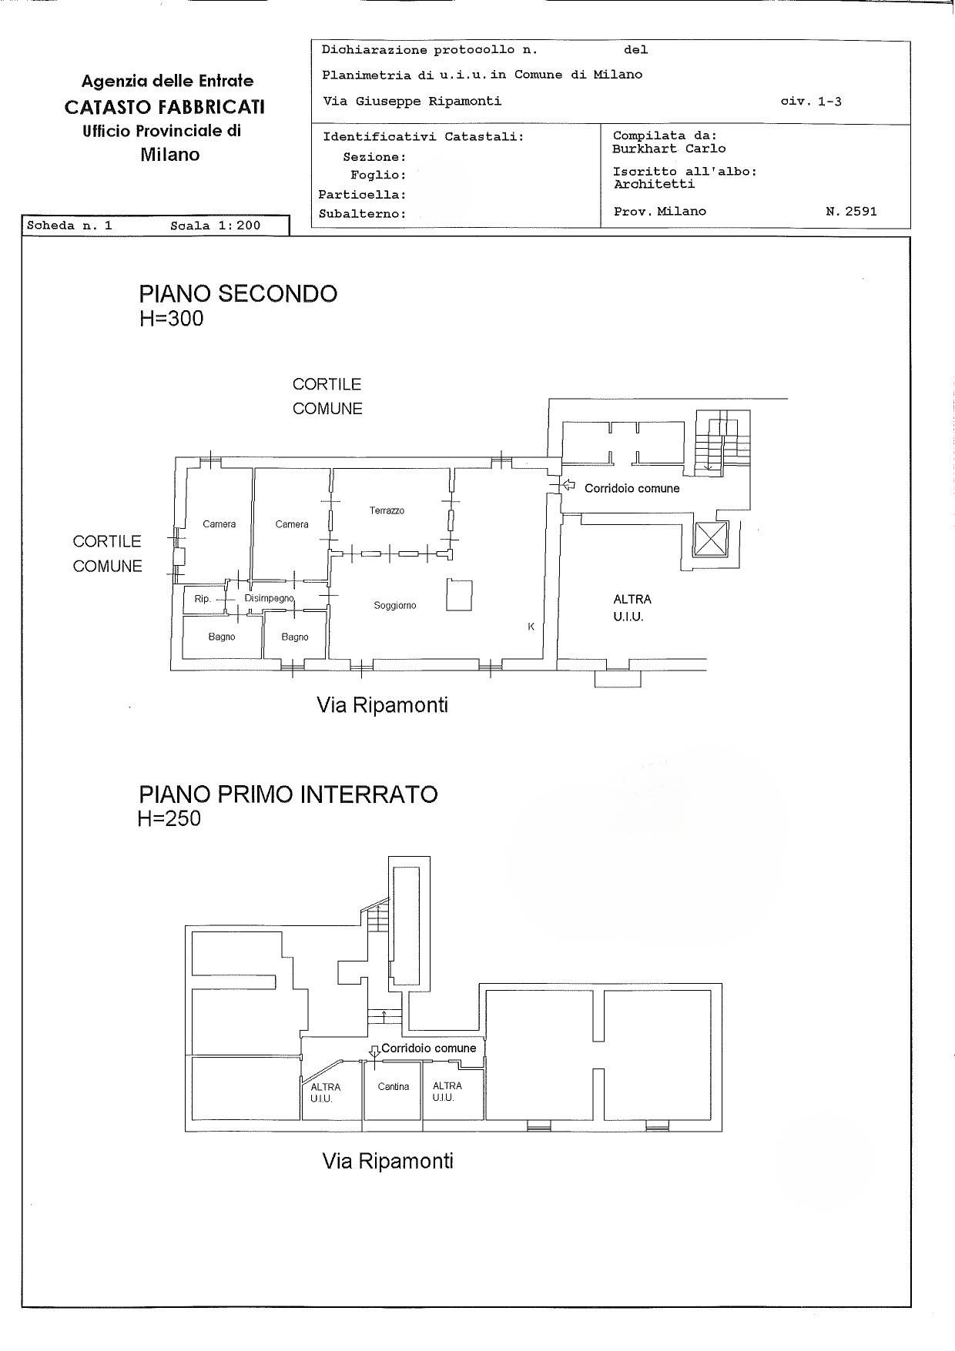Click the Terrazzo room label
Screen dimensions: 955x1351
coord(387,510)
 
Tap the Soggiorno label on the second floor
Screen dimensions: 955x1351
coord(395,606)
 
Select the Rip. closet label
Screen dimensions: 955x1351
coord(202,599)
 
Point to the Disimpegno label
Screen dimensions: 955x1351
coord(270,598)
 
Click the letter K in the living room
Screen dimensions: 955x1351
coord(531,627)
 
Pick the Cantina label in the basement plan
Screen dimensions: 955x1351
coord(394,1087)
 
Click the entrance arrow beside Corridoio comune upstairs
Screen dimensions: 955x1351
coord(569,485)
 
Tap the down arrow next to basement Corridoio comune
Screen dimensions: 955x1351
coord(374,1050)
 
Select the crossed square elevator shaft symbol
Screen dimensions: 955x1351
coord(710,538)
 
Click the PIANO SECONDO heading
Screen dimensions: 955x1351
coord(238,294)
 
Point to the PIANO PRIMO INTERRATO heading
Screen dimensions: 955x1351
coord(288,794)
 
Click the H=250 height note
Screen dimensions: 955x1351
coord(169,818)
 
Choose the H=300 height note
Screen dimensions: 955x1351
coord(171,319)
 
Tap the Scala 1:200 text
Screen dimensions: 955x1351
coord(216,226)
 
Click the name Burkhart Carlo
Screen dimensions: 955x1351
coord(669,149)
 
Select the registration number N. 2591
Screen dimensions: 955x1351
coord(851,211)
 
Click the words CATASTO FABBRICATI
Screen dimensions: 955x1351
coord(165,106)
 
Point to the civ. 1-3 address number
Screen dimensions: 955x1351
coord(811,101)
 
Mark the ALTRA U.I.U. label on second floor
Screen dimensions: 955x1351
coord(632,607)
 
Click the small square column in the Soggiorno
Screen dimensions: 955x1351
coord(459,595)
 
